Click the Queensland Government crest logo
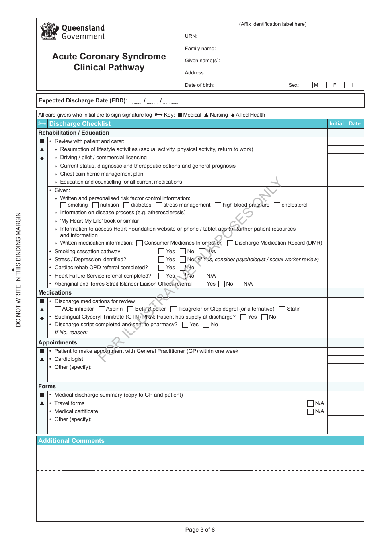49,31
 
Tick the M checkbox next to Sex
310,85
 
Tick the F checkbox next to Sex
329,85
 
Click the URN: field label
191,36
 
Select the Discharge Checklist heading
80,124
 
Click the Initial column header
336,124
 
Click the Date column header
355,124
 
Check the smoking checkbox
63,205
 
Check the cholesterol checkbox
277,205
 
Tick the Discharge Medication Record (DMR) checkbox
230,243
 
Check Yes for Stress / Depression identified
161,260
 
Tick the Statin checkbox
282,309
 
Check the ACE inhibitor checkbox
58,309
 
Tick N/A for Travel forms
310,403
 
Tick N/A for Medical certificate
310,411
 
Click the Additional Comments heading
71,441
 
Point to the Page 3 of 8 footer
200,530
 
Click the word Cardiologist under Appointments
69,359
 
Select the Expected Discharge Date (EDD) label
83,101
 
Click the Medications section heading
55,293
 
